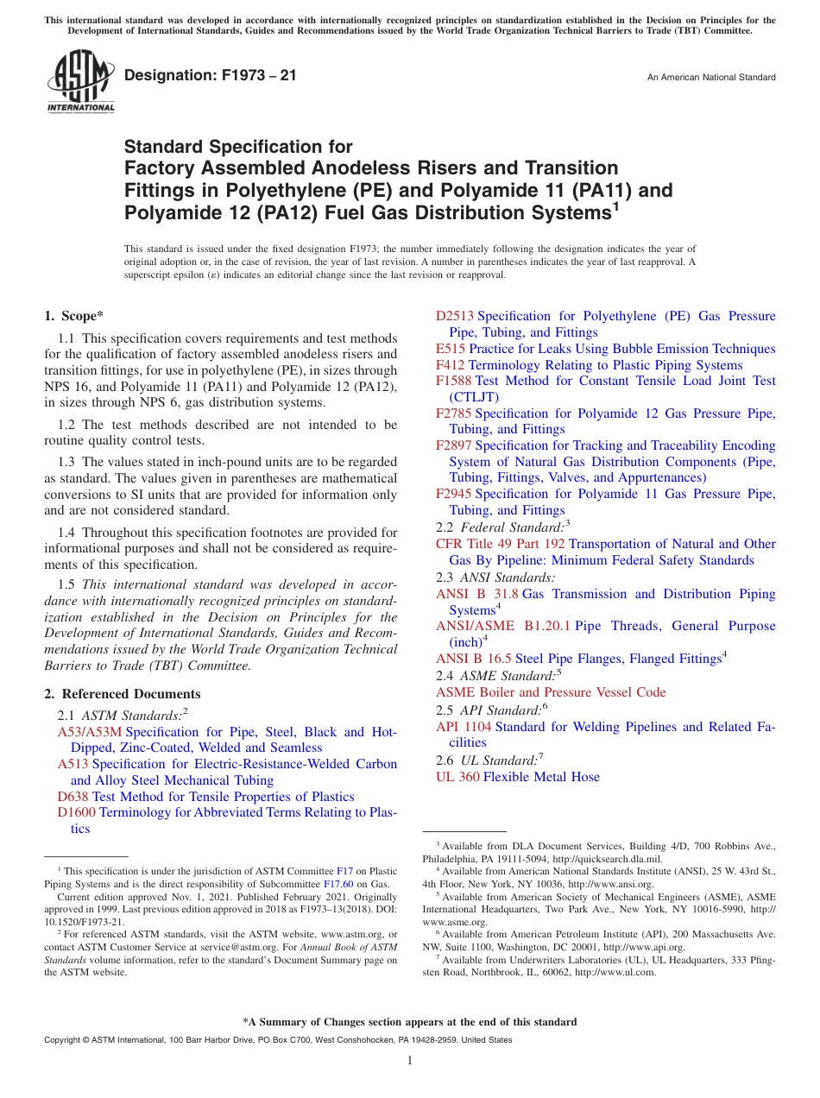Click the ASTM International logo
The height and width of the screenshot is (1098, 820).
point(79,81)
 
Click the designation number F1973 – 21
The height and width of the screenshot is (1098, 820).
point(211,76)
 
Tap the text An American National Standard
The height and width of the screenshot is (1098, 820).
point(711,78)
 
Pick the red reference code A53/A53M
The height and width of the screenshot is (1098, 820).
point(89,732)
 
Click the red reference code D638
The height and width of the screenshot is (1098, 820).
point(73,797)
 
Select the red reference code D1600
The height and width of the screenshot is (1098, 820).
point(76,812)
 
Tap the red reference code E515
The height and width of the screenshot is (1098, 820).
point(450,349)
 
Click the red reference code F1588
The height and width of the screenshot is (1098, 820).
point(454,381)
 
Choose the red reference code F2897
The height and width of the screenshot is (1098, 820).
point(454,445)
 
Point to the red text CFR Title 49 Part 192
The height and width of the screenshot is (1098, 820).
point(501,544)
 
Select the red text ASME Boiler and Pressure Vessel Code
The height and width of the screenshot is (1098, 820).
point(551,692)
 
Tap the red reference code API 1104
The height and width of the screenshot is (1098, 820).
point(464,727)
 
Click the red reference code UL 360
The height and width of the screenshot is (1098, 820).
point(457,777)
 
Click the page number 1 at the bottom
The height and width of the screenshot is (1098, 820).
point(410,1061)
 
